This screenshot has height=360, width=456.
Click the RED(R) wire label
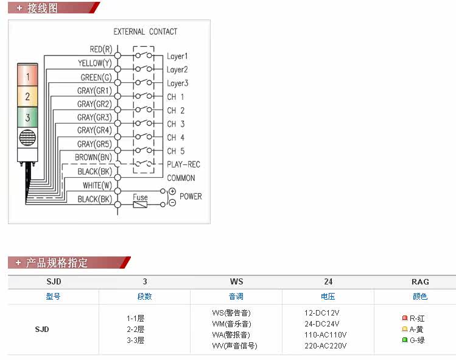(x=100, y=49)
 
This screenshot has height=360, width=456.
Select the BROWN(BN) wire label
(x=93, y=157)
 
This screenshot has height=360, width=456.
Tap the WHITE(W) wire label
(x=97, y=185)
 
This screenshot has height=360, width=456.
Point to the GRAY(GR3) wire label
(x=94, y=118)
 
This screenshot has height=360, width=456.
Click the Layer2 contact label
(x=177, y=70)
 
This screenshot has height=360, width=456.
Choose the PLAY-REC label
(x=183, y=164)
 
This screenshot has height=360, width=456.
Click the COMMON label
(x=181, y=178)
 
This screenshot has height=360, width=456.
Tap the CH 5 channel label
(x=176, y=151)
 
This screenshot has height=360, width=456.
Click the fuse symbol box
(x=140, y=205)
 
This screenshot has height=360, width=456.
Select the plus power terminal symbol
(x=172, y=191)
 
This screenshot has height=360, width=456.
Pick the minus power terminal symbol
(x=172, y=203)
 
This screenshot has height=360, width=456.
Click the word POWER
(x=191, y=196)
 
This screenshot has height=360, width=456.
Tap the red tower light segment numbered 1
(x=27, y=75)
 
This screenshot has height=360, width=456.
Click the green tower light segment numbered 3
(x=27, y=118)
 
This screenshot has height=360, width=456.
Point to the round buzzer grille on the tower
(x=27, y=138)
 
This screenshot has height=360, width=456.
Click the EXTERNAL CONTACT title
(x=145, y=32)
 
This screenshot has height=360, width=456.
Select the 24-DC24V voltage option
(x=322, y=324)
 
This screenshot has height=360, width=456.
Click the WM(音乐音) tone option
(x=231, y=324)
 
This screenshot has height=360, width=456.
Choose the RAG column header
(x=420, y=281)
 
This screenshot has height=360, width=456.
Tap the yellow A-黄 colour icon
(x=404, y=329)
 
